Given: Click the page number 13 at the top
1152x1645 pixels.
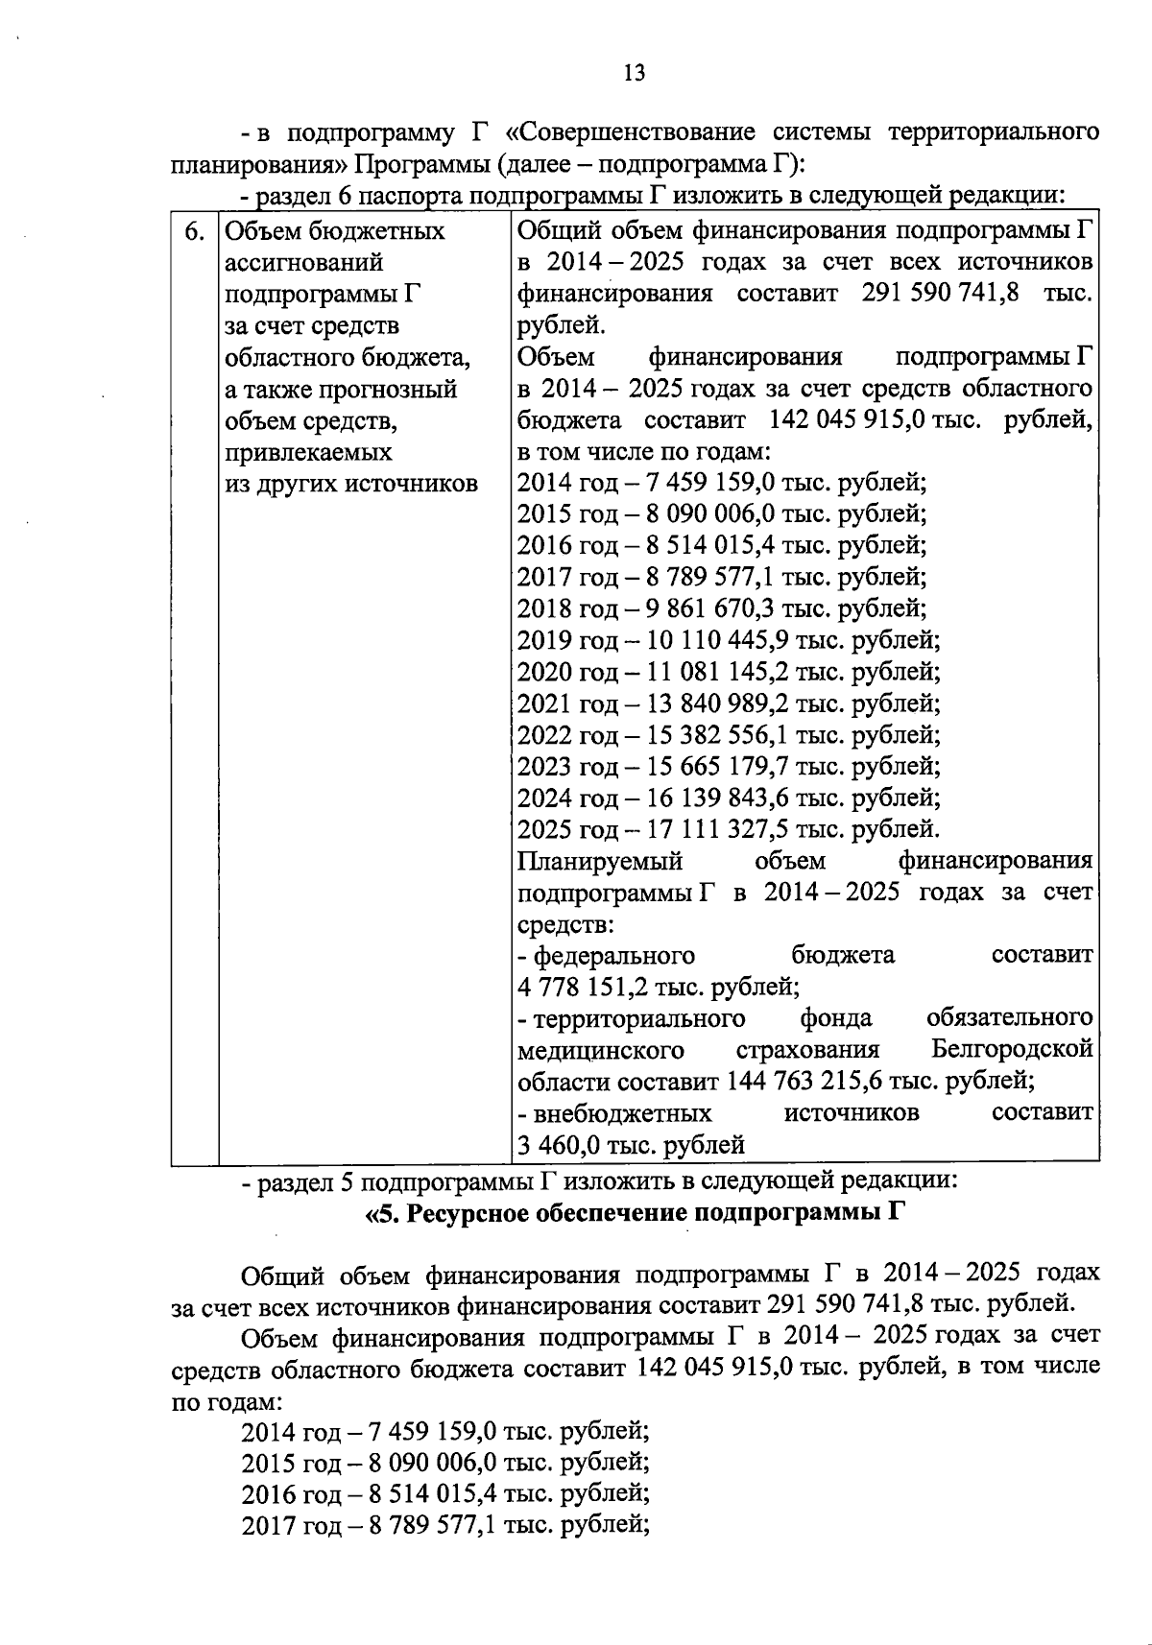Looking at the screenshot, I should point(634,73).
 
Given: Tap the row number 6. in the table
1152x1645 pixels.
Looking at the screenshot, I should point(194,231).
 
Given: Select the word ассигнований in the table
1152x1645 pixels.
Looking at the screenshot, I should point(303,263).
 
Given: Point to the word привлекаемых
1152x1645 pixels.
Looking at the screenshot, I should point(308,453).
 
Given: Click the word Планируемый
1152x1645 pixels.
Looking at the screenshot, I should point(600,861).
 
